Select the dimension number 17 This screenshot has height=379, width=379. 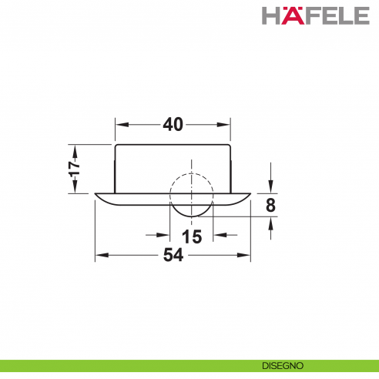(74, 169)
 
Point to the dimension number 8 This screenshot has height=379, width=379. (270, 205)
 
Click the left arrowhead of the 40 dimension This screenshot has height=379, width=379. (120, 124)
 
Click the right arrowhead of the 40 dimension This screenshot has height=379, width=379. (227, 124)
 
